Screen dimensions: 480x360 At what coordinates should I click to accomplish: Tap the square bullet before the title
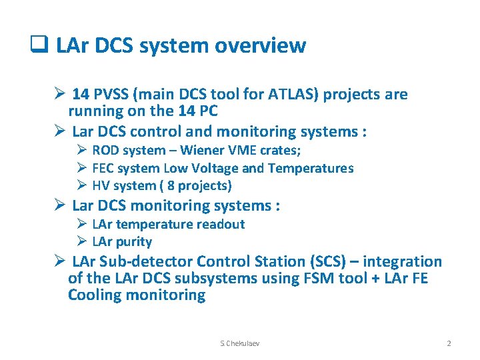click(x=37, y=45)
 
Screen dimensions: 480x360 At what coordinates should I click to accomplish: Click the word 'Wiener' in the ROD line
click(x=199, y=151)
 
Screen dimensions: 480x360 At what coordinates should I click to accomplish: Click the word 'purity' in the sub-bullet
click(x=133, y=241)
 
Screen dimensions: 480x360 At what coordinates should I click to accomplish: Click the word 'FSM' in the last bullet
click(x=307, y=278)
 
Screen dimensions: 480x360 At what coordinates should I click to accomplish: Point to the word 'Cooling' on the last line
click(x=97, y=295)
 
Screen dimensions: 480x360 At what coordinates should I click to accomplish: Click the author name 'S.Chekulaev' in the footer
click(x=240, y=343)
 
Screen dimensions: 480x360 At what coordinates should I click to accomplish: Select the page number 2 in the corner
click(x=449, y=343)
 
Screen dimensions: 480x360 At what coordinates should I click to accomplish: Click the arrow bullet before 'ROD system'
click(x=83, y=151)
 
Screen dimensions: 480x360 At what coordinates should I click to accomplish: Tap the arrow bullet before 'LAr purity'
click(x=83, y=241)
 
